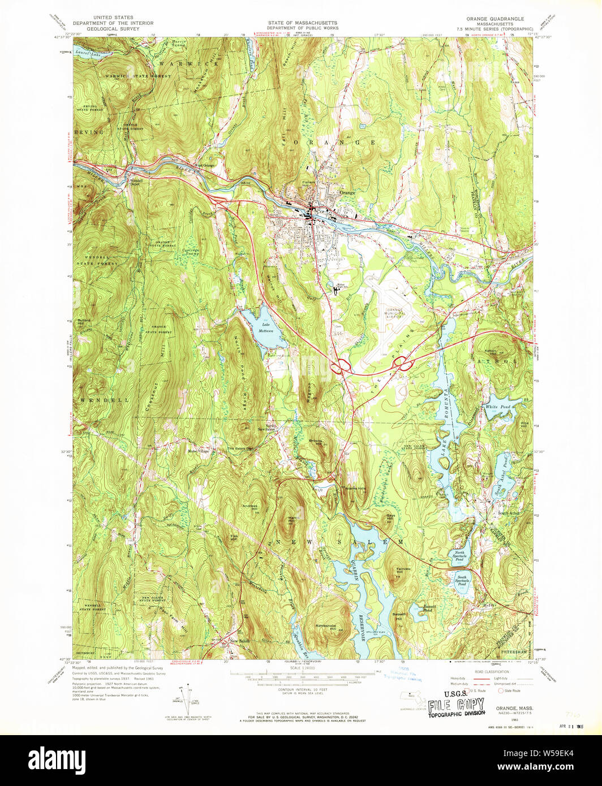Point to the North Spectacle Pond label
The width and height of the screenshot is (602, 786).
460,555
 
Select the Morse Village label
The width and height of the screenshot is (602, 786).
199,451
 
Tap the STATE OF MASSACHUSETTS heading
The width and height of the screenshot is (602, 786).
302,23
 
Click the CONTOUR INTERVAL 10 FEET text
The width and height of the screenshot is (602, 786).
302,690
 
